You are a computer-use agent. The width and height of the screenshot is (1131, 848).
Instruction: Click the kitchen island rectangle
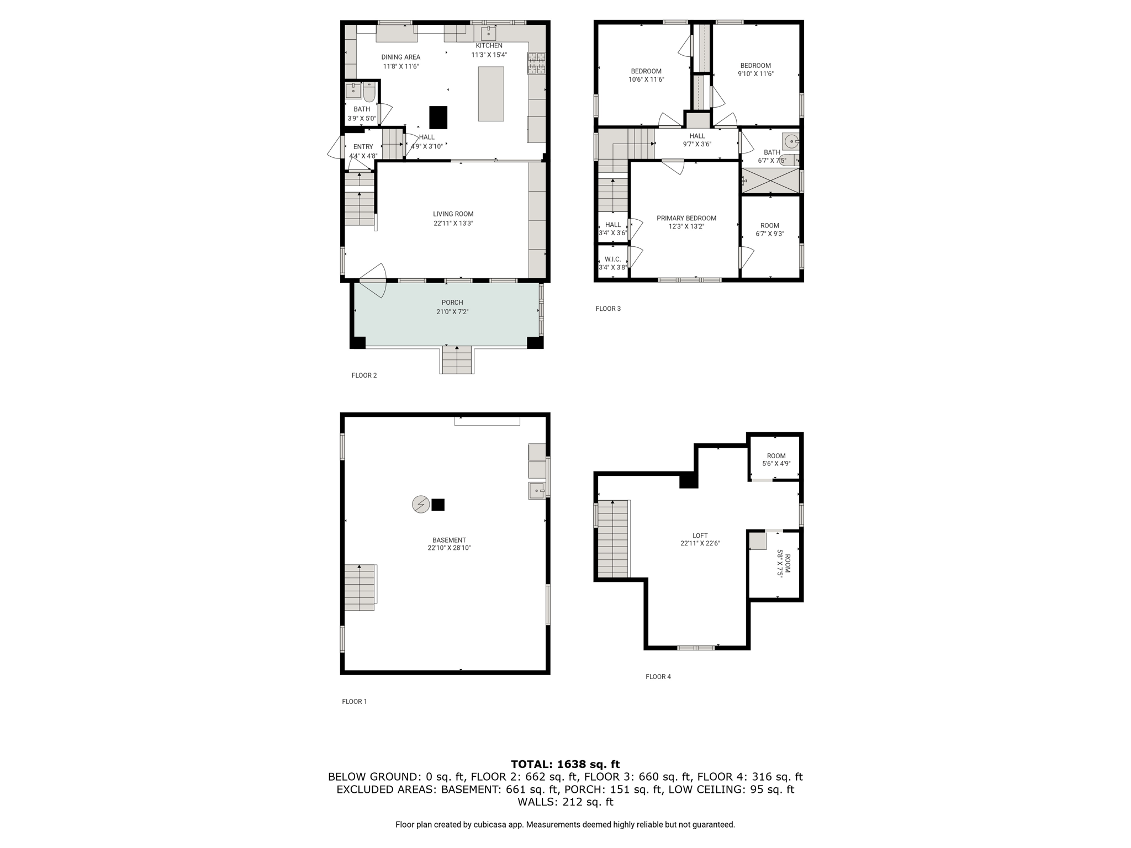coord(491,94)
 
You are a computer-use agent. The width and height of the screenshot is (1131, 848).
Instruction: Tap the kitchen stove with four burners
coord(536,63)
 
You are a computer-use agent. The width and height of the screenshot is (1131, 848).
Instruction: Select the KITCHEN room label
coord(489,46)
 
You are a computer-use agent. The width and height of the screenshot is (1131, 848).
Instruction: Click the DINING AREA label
coord(401,57)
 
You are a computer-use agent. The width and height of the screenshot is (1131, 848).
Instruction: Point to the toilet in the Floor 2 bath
coord(369,92)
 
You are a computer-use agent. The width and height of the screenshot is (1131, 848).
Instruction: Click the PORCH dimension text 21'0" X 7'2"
coord(452,312)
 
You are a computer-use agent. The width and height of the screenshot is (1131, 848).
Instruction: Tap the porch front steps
coord(457,359)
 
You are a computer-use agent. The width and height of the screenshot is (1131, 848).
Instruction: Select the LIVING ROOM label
coord(453,214)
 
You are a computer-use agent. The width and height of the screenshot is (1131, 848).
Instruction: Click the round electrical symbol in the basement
coord(421,504)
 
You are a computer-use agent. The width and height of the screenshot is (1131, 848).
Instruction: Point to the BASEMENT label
coord(450,540)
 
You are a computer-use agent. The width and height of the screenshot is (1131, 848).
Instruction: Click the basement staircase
coord(360,587)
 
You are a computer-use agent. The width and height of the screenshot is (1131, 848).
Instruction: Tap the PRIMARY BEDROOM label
coord(686,218)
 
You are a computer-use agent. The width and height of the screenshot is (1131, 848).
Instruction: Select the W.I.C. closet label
coord(613,259)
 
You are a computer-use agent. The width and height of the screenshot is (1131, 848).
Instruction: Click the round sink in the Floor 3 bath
coord(791,141)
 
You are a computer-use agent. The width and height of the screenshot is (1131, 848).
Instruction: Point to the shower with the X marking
coord(770,181)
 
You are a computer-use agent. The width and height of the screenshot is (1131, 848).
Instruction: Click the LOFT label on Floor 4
coord(700,536)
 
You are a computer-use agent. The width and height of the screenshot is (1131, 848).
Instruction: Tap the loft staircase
coord(613,539)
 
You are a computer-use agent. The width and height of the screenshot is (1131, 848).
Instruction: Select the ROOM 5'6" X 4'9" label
coord(776,460)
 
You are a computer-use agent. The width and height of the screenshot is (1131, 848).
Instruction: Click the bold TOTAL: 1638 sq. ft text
coord(565,765)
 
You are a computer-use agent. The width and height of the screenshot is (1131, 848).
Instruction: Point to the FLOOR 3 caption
coord(608,309)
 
